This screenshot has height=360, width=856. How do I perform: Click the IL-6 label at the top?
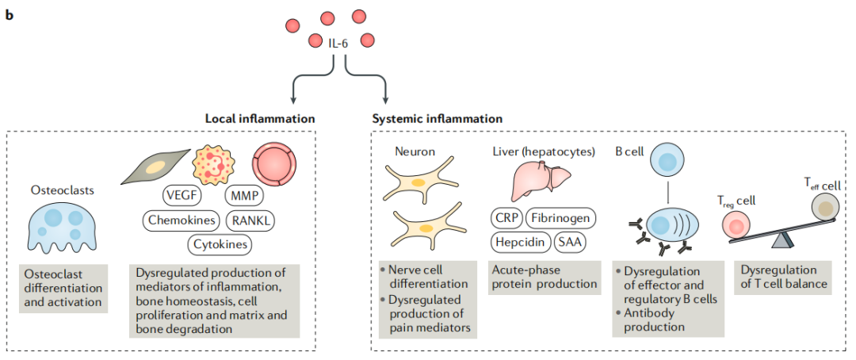(338, 43)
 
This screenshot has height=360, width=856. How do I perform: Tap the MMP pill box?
(246, 195)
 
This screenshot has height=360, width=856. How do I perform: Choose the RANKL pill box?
(252, 220)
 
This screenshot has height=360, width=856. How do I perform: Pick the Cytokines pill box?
(220, 244)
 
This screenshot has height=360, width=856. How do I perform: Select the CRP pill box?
(504, 217)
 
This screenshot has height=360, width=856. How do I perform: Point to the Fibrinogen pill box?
(560, 217)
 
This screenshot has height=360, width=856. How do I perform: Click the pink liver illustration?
(540, 179)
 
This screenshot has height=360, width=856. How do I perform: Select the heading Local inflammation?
(260, 118)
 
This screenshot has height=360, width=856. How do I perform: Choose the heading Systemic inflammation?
(437, 118)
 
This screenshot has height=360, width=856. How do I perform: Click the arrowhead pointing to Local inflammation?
(293, 100)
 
